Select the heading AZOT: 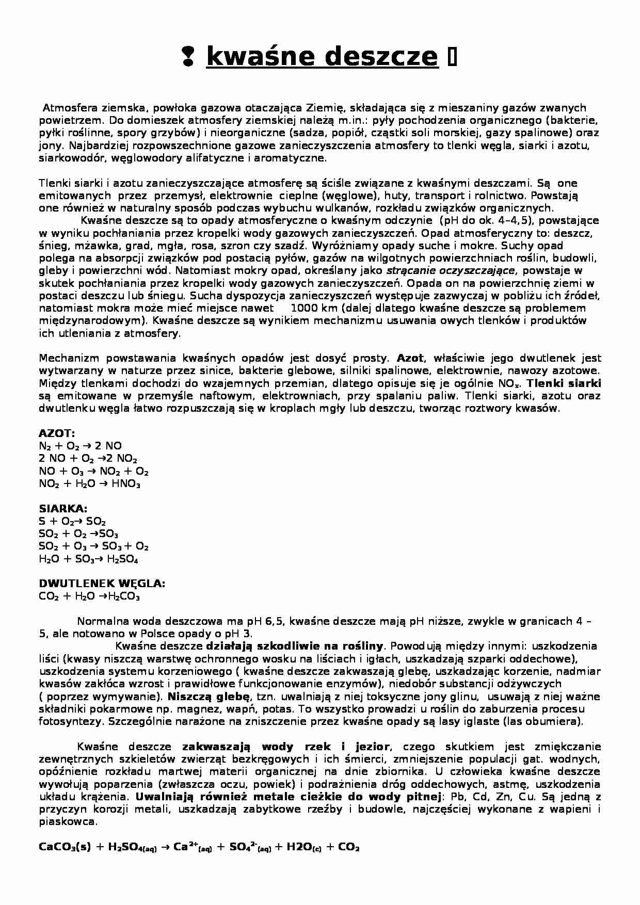pos(57,433)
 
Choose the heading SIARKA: pos(63,509)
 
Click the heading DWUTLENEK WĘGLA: pos(102,584)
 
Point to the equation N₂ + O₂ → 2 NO pos(80,446)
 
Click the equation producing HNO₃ pos(89,484)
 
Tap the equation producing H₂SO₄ pos(88,559)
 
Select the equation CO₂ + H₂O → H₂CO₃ pos(89,597)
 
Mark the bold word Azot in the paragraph pos(410,358)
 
